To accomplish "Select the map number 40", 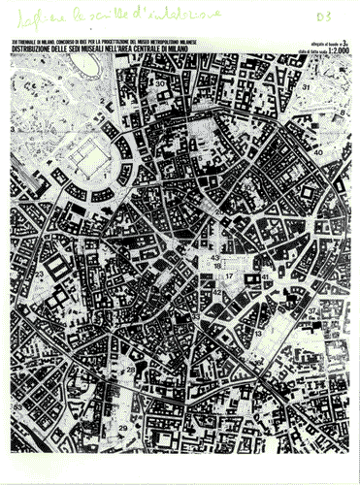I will (318, 153).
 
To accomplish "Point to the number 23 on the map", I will (40, 275).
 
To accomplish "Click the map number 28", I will (130, 371).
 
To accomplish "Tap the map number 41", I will (265, 277).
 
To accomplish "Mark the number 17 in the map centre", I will (229, 277).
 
